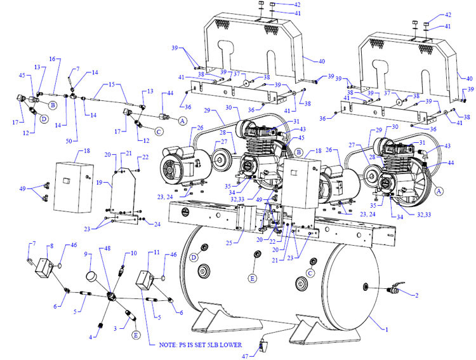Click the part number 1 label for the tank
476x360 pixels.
(387, 330)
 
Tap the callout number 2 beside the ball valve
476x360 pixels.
(417, 295)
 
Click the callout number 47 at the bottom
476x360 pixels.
(245, 356)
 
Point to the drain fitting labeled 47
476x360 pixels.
(263, 345)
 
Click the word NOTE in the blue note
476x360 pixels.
(168, 345)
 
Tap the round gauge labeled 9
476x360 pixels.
(92, 276)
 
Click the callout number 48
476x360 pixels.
(107, 248)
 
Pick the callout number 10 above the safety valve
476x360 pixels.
(134, 253)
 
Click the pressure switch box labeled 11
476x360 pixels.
(145, 281)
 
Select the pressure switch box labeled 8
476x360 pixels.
(44, 267)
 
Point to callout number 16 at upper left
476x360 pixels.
(53, 58)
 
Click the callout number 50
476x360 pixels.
(69, 141)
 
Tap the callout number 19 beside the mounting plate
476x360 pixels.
(99, 183)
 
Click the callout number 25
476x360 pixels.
(229, 243)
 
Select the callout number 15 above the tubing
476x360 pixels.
(112, 84)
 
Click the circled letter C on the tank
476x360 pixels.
(310, 274)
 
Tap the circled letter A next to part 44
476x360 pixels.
(182, 121)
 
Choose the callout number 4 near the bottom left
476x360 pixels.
(91, 337)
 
